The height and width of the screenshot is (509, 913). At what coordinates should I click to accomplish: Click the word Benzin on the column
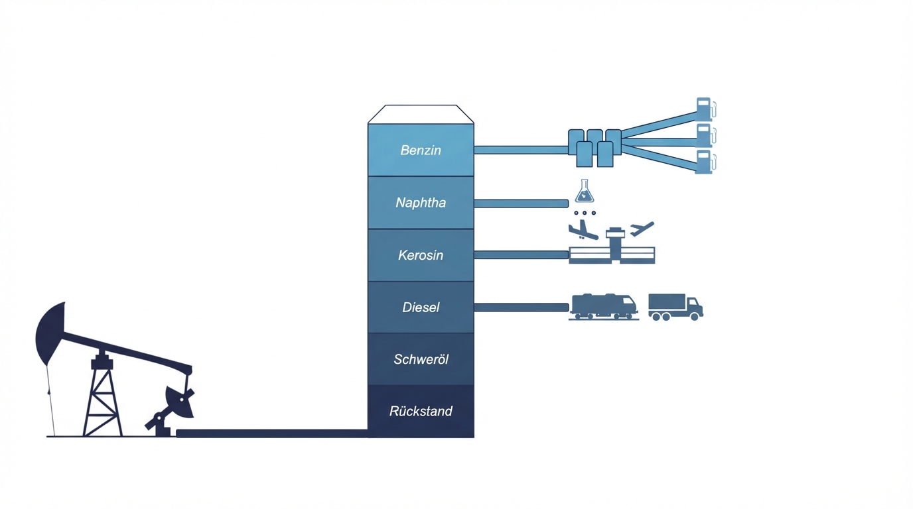(421, 150)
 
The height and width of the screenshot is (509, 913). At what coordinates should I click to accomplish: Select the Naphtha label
(421, 203)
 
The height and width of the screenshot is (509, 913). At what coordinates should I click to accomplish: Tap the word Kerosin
(421, 255)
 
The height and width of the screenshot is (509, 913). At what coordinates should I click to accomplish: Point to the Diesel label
(421, 308)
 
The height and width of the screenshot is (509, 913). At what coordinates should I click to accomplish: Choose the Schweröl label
(421, 359)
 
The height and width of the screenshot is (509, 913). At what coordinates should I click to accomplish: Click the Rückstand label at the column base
(421, 412)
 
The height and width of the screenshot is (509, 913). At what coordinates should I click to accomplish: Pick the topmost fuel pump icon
(704, 109)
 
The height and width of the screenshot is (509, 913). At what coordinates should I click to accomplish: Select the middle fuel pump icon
(704, 136)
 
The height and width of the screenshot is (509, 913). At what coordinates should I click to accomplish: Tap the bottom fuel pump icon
(704, 162)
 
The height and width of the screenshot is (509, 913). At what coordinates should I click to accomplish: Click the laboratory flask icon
(585, 192)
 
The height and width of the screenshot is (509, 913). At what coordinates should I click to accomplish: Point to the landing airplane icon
(582, 230)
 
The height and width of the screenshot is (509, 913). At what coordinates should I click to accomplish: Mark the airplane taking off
(642, 229)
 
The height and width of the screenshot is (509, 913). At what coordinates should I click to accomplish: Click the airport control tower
(615, 243)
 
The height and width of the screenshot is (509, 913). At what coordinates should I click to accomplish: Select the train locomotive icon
(603, 306)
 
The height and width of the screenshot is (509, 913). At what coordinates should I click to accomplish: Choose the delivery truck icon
(675, 307)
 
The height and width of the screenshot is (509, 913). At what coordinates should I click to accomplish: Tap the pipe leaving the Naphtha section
(521, 203)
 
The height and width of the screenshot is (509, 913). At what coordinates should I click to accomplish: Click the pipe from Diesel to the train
(521, 308)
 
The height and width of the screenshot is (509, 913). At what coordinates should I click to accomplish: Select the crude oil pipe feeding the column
(272, 433)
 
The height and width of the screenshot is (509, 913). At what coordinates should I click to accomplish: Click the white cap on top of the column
(421, 114)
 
